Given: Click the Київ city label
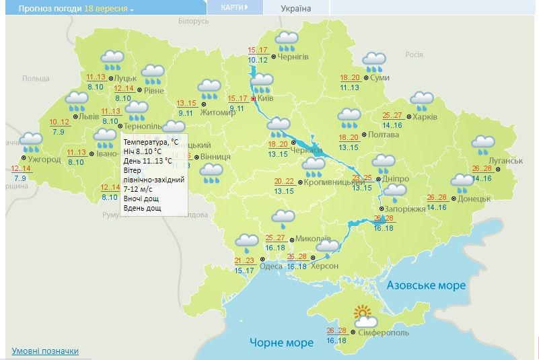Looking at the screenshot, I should (265, 99).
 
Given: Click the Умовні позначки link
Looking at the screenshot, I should (45, 351).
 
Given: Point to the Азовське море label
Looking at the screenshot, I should (426, 285).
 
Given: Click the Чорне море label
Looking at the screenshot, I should (281, 343).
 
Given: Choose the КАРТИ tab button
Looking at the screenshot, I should (233, 7).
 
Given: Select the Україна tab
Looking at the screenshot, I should (296, 8).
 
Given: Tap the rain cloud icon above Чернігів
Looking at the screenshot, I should (287, 41).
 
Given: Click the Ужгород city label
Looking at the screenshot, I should (44, 159).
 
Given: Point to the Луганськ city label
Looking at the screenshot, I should (505, 161).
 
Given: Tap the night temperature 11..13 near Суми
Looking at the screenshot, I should (350, 87).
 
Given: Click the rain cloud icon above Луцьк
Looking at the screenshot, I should (112, 61).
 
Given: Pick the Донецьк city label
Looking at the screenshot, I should (476, 199).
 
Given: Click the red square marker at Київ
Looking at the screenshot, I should (253, 99).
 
